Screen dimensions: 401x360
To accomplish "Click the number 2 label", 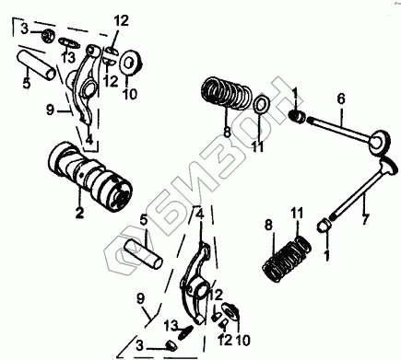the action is pos(79,213).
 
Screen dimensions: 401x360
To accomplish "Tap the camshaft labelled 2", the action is pos(90,177).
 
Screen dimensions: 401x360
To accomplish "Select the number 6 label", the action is pos(341,99).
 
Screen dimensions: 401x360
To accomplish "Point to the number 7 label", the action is pos(365,220).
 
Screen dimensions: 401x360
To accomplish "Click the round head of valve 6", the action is pos(380,140).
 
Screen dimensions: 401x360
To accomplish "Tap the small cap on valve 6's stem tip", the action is pos(298,116).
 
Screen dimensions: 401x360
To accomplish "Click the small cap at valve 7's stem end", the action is pos(323,226).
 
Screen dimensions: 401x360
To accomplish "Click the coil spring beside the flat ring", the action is pos(227,92).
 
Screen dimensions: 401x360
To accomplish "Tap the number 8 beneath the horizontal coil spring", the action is pos(227,132).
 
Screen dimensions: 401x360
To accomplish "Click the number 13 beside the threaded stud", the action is pos(171,325).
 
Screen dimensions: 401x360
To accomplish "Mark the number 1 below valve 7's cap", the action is pos(327,255).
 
